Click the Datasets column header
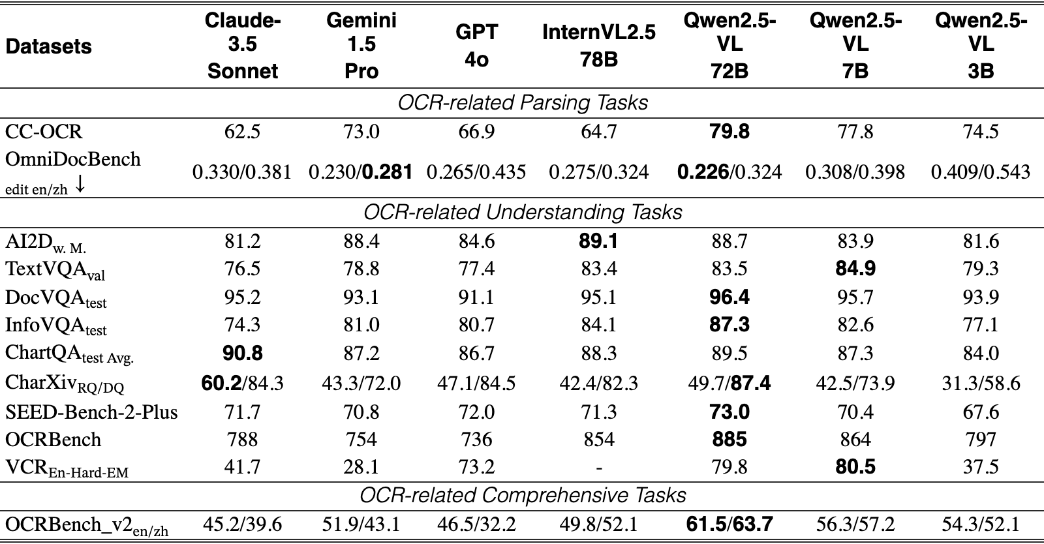point(48,46)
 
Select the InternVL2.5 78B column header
point(599,46)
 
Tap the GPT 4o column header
point(477,46)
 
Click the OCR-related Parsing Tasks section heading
point(523,102)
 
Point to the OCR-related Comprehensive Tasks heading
point(523,496)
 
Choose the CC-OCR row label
point(44,132)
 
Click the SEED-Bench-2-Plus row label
point(91,412)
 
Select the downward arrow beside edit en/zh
point(80,186)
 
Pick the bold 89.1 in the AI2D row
point(598,241)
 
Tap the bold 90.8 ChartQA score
point(242,353)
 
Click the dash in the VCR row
point(599,466)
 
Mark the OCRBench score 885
point(729,440)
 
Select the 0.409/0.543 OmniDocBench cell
point(981,172)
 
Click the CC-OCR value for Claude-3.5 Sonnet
point(242,132)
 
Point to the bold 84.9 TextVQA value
point(855,269)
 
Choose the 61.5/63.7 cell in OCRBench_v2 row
point(729,525)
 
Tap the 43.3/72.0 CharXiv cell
point(361,384)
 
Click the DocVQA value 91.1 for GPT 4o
point(476,297)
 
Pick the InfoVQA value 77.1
point(981,325)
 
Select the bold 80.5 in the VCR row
point(855,466)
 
